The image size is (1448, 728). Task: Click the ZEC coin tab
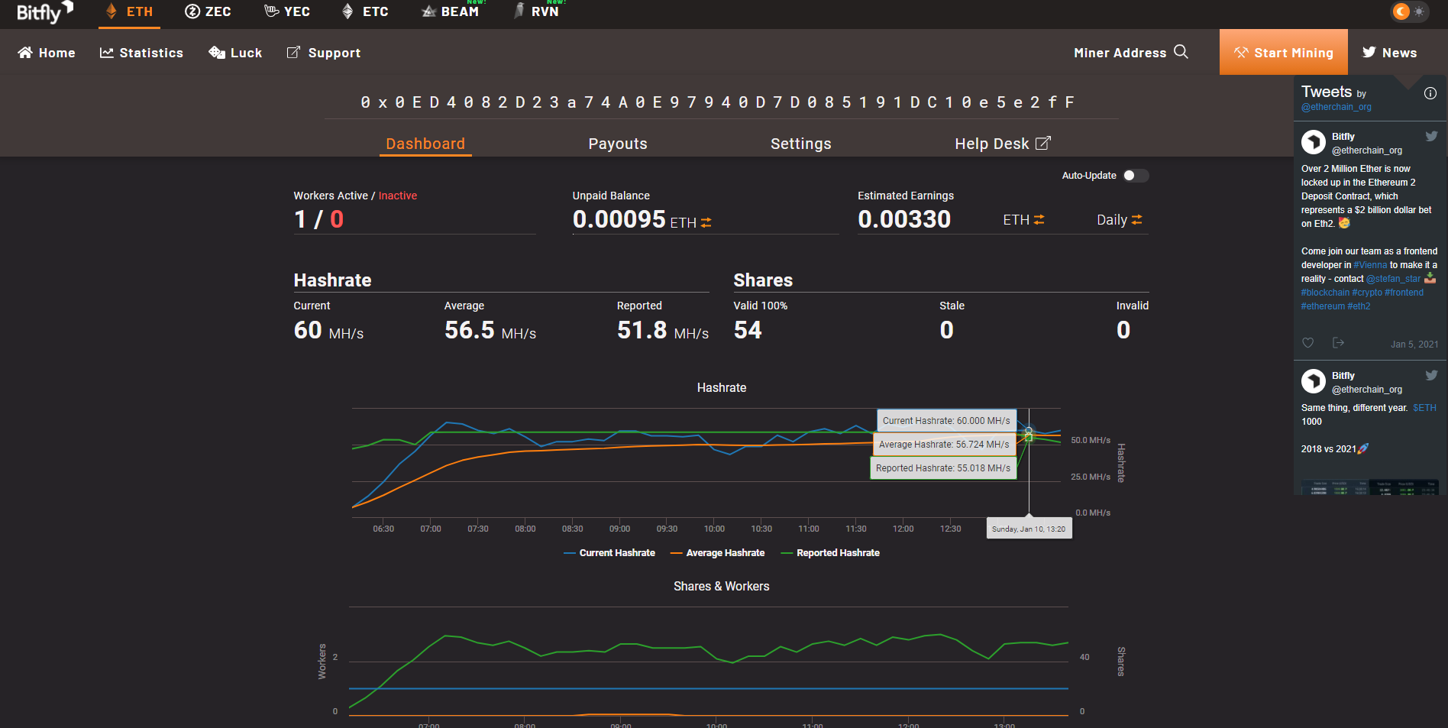coord(208,11)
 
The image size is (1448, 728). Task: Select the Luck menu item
coord(235,53)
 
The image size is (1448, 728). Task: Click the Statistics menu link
coord(141,53)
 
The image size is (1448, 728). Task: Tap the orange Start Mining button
coord(1283,52)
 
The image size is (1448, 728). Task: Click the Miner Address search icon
coord(1181,52)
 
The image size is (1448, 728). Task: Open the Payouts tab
coord(618,144)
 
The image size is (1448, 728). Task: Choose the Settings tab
coord(800,144)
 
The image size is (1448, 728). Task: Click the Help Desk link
coord(1003,144)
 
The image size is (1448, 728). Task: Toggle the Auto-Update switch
coord(1135,176)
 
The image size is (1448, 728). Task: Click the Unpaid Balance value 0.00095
coord(619,219)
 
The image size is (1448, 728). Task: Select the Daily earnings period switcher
coord(1120,220)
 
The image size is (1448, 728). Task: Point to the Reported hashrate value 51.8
coord(642,330)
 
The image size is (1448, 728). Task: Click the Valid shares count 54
coord(748,330)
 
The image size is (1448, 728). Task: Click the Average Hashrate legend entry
coord(717,553)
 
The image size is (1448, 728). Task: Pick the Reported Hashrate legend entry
coord(830,553)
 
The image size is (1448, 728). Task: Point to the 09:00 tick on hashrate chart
coord(619,529)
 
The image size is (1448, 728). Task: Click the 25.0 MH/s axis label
coord(1091,477)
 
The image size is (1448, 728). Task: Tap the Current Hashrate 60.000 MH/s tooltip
coord(946,421)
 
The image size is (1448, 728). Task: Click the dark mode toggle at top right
coord(1409,11)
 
